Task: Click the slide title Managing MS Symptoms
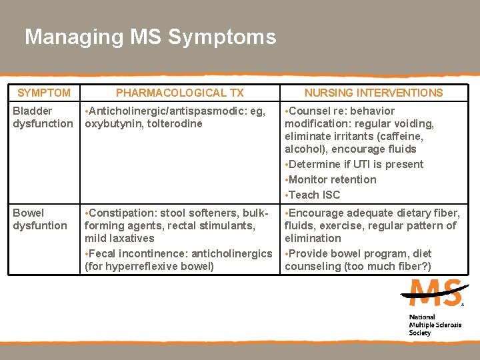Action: tap(150, 37)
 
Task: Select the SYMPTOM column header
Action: tap(43, 93)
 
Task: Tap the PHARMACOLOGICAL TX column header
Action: tap(179, 93)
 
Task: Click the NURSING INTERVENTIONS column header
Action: tap(373, 93)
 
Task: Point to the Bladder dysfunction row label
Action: tap(43, 117)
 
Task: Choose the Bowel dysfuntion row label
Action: tap(40, 219)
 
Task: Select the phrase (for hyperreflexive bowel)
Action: tap(149, 266)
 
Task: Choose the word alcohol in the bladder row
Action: tap(303, 149)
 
